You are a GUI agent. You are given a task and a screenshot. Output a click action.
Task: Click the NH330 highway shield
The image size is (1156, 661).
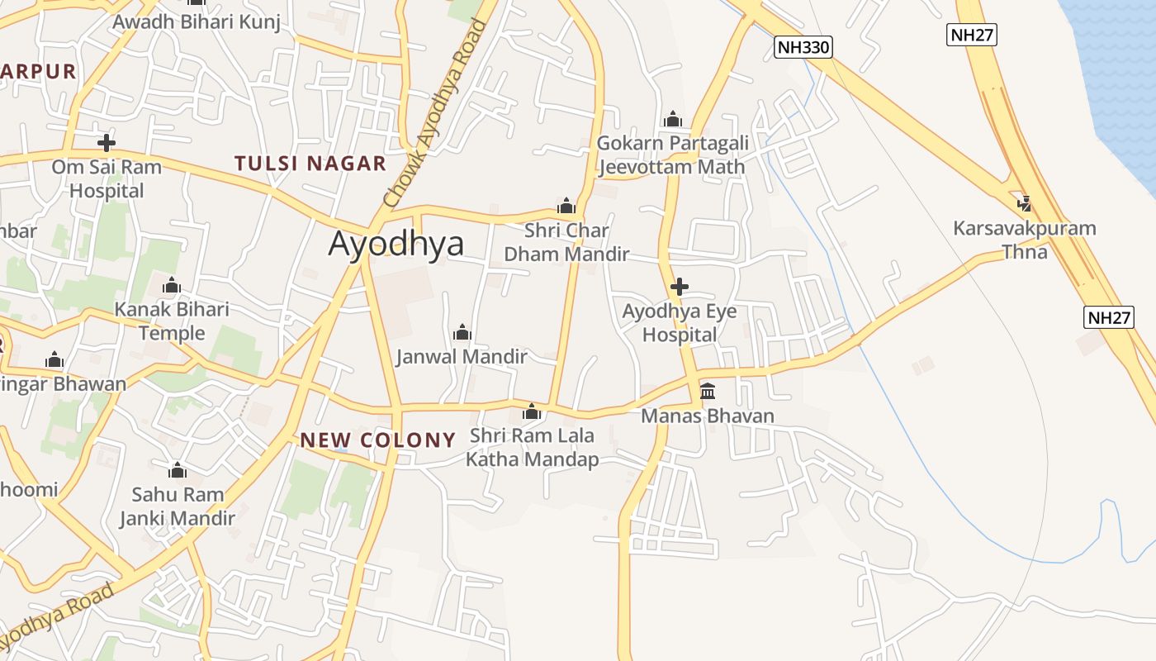coord(803,47)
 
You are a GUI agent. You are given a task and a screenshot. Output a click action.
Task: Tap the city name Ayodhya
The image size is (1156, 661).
coord(396,244)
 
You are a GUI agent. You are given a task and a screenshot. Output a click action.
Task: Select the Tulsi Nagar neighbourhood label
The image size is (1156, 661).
coord(310,164)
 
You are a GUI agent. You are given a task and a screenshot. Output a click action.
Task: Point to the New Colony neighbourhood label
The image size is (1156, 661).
coord(378,440)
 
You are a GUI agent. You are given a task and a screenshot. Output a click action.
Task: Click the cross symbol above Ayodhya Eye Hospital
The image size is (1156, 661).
coord(680,287)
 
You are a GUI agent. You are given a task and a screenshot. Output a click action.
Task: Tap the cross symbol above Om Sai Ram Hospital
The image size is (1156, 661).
coord(106,142)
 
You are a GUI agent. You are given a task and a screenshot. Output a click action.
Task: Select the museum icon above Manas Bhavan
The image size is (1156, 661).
coord(708,391)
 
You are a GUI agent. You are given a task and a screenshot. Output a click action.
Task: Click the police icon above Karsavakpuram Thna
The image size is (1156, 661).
coord(1025,203)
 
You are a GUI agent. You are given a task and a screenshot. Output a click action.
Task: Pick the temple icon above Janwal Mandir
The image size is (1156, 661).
coord(462,332)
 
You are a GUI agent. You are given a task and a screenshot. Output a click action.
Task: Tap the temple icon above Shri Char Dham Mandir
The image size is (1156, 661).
coord(566,205)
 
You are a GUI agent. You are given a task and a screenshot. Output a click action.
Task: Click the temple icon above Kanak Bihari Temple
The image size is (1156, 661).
coord(172,286)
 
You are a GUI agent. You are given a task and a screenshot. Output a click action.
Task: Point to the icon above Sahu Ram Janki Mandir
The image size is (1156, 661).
coord(178,471)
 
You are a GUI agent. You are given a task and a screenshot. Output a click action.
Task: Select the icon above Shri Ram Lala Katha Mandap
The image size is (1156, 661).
coord(532,411)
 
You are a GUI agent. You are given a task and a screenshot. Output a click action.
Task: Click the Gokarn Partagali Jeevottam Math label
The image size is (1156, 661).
coord(672,155)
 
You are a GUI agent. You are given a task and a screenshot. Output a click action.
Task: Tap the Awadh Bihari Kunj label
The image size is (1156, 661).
coord(197,21)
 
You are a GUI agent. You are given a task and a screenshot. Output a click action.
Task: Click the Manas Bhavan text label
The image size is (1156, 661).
coord(708,416)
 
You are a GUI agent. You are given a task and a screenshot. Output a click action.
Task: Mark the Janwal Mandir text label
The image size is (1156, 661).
coord(462,357)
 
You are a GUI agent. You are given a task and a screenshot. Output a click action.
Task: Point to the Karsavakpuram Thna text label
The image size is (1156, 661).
coord(1025,240)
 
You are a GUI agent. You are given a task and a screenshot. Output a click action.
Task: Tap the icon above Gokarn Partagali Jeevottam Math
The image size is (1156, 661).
coord(673,119)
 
